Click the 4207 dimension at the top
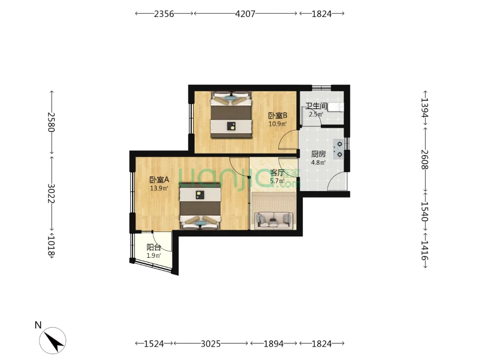245,14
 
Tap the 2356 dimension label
164,14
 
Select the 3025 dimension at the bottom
211,344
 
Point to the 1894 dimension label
274,344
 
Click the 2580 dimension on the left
51,122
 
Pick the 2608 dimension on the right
425,159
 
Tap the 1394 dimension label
425,107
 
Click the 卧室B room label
278,115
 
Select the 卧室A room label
159,180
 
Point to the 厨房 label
319,154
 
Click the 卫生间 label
316,106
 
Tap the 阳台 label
154,247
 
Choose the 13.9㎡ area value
159,188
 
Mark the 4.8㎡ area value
319,162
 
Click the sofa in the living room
273,220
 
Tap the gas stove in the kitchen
338,149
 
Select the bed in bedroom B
231,114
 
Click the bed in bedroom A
200,206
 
